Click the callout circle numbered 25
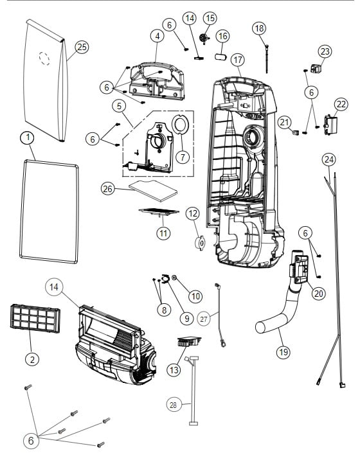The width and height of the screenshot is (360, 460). pyautogui.click(x=82, y=46)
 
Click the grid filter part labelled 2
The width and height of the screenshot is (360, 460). pyautogui.click(x=31, y=318)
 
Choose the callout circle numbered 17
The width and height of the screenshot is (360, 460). pyautogui.click(x=238, y=60)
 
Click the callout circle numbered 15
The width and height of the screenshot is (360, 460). pyautogui.click(x=210, y=17)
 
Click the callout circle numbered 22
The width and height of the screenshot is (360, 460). pyautogui.click(x=340, y=104)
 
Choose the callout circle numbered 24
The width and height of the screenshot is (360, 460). pyautogui.click(x=329, y=159)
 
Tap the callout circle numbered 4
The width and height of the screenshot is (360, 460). pyautogui.click(x=157, y=36)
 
